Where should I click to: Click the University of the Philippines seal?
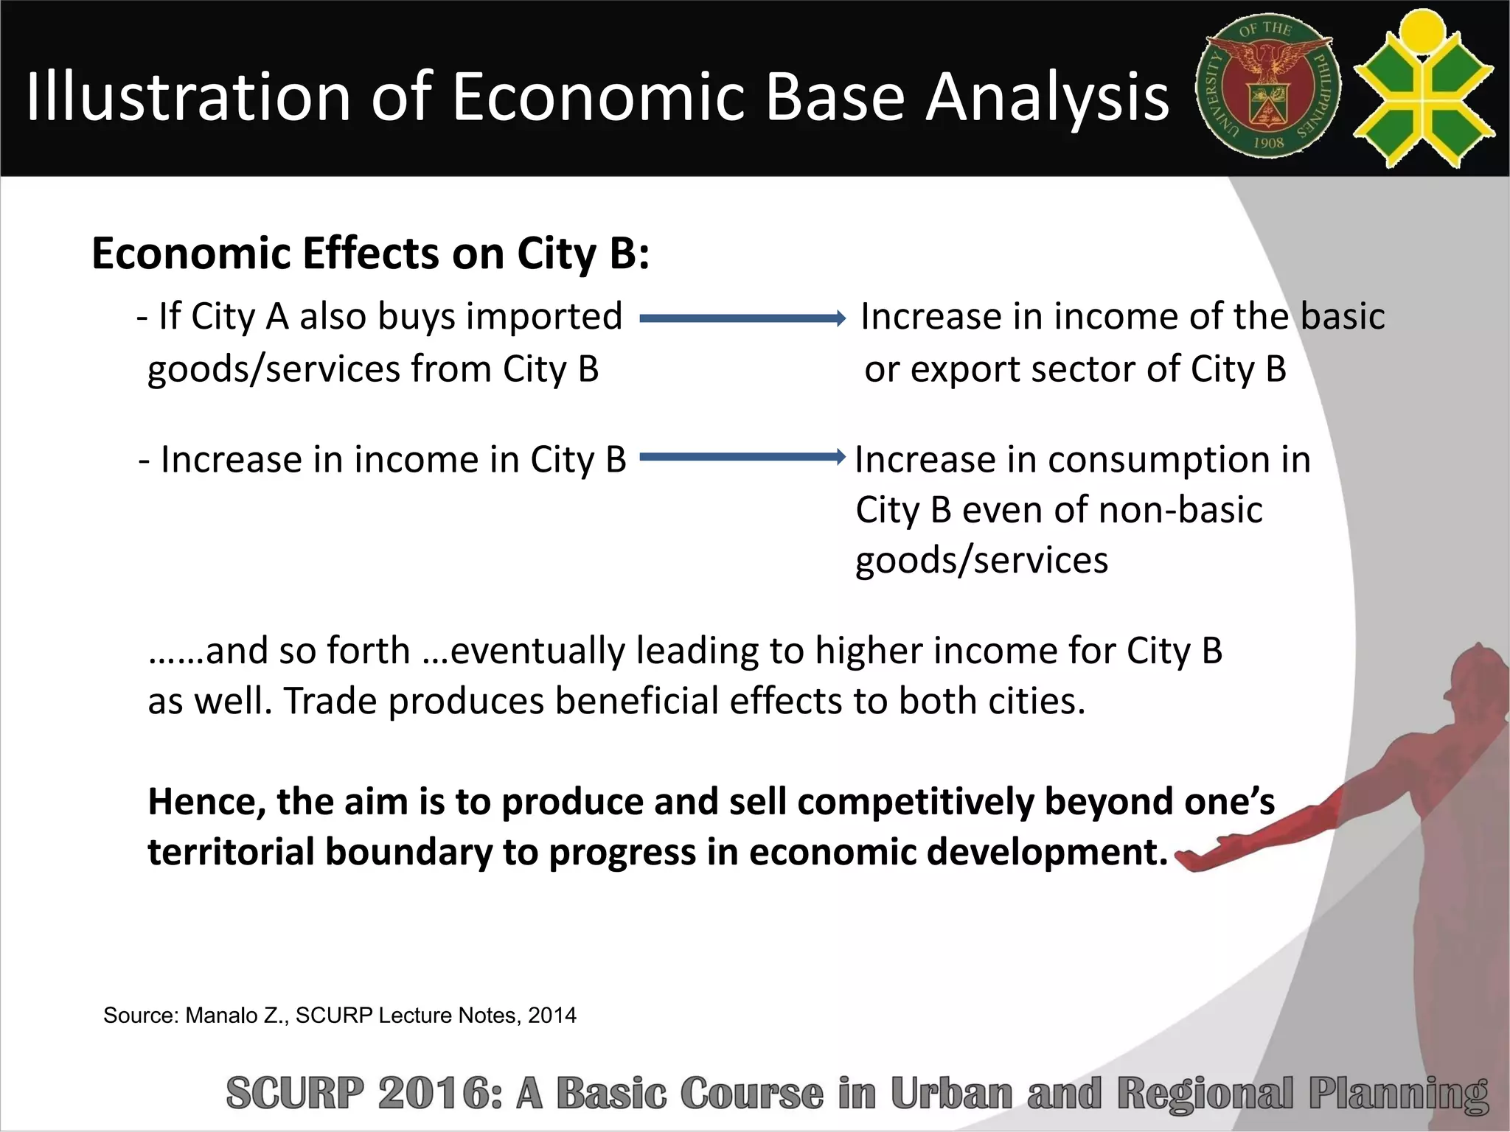[x=1268, y=87]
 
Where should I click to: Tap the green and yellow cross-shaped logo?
[x=1423, y=87]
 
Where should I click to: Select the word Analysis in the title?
[x=1047, y=97]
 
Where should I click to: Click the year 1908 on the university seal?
[x=1268, y=143]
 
